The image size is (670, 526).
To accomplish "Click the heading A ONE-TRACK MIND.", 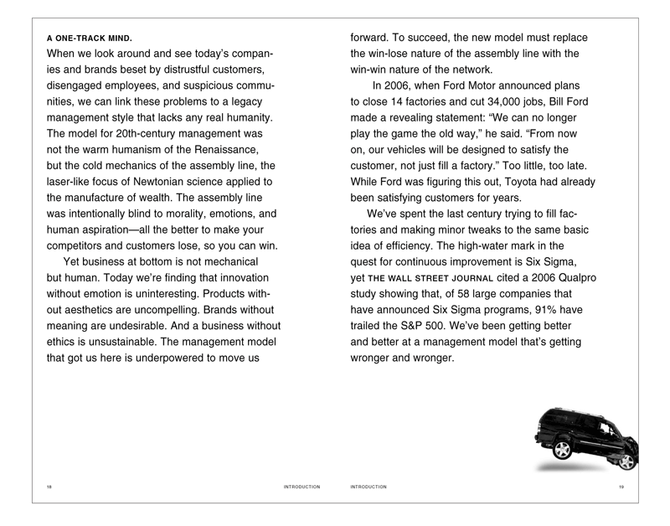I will tap(90, 39).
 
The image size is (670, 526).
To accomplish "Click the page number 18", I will tap(49, 487).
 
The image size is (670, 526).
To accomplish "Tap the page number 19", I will tap(621, 487).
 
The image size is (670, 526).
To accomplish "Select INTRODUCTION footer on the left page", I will tap(301, 487).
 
